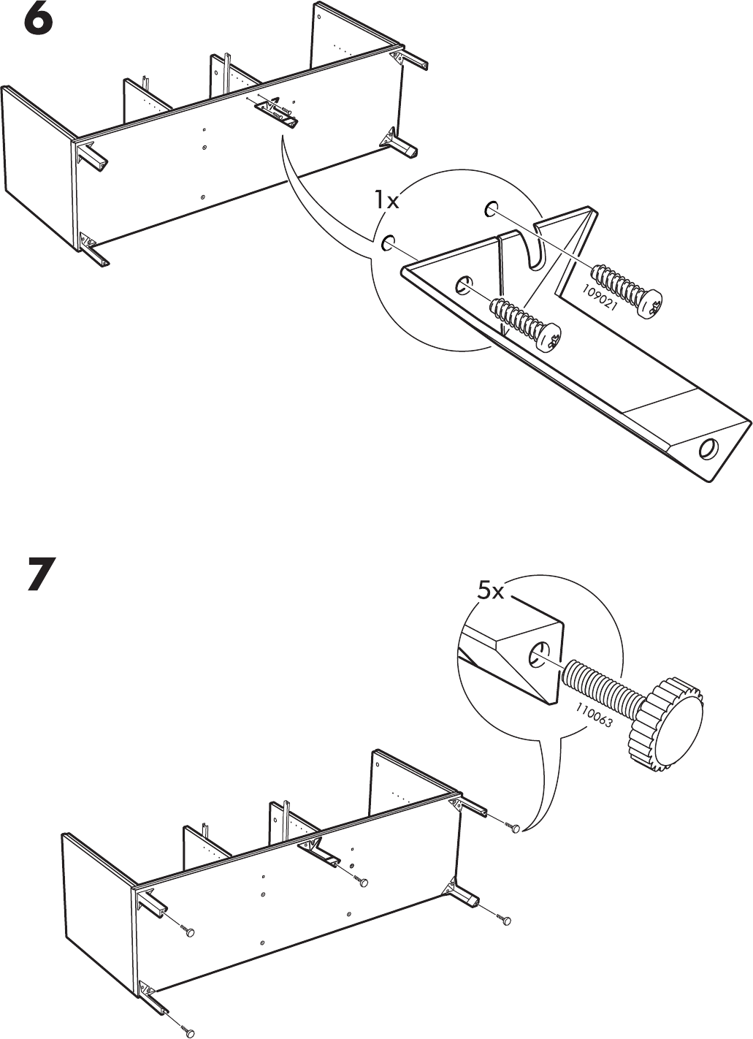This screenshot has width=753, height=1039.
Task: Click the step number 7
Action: pyautogui.click(x=42, y=574)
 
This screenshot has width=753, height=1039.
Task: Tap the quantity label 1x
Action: pyautogui.click(x=386, y=201)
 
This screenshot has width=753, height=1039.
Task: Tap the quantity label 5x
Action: pyautogui.click(x=490, y=591)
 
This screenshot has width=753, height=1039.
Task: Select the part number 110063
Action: pyautogui.click(x=595, y=717)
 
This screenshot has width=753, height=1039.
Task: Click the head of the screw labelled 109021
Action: pyautogui.click(x=649, y=304)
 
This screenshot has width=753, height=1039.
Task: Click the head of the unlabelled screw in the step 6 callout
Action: pyautogui.click(x=548, y=338)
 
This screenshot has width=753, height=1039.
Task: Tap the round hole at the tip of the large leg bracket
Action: pyautogui.click(x=708, y=449)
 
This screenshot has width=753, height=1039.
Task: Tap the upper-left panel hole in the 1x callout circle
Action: pyautogui.click(x=388, y=242)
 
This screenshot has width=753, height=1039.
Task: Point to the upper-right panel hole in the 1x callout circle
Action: pyautogui.click(x=492, y=208)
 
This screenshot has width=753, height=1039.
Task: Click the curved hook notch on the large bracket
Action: pyautogui.click(x=537, y=251)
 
